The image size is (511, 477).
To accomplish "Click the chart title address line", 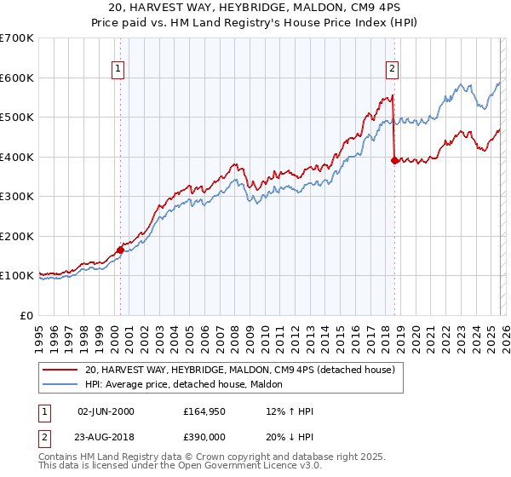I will (x=255, y=7).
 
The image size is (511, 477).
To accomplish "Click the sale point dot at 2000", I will (x=120, y=250).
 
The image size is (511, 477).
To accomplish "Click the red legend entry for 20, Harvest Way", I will (x=239, y=371).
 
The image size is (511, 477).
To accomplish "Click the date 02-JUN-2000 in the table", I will (x=106, y=411).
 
